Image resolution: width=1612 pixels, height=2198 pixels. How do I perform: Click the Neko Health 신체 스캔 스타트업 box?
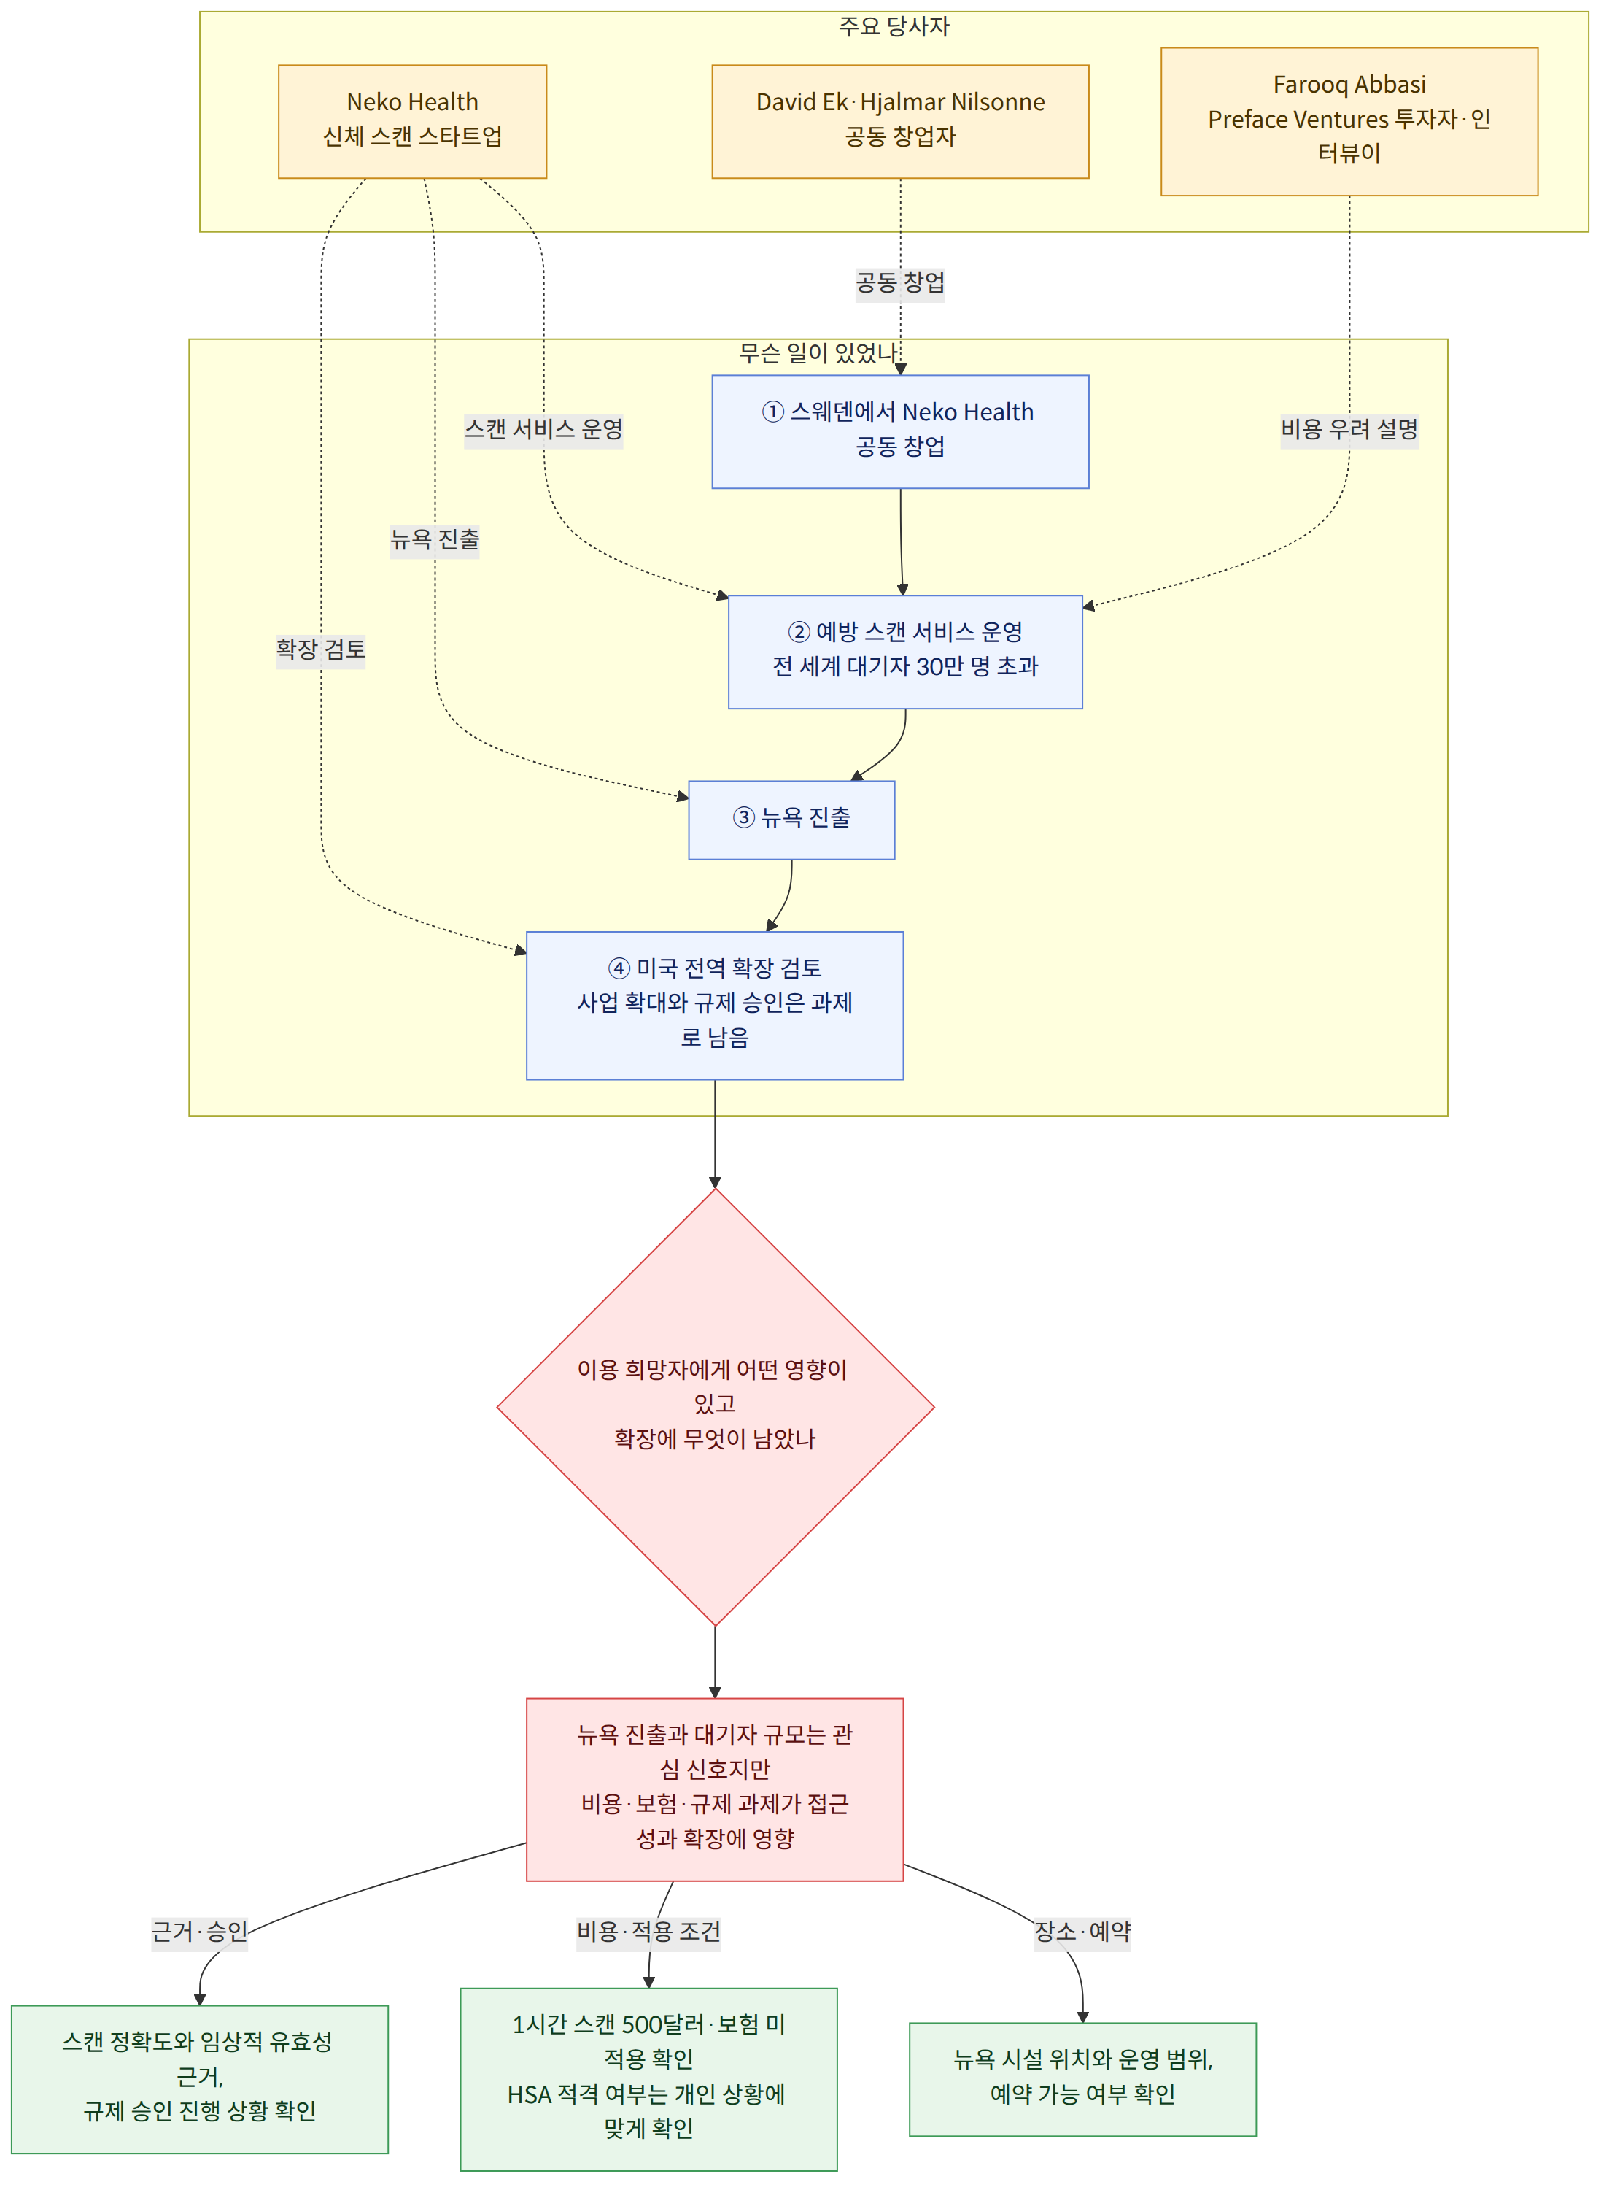412,121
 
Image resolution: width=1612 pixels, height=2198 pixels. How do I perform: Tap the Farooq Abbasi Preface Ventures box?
1349,121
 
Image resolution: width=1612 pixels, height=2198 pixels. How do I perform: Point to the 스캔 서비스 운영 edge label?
543,429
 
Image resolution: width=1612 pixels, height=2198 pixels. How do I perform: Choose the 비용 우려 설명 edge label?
1349,429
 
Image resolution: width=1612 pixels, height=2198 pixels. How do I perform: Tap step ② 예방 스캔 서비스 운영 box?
904,652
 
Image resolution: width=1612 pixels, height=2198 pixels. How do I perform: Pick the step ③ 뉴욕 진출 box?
791,820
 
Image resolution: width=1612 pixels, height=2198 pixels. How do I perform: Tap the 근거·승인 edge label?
199,1932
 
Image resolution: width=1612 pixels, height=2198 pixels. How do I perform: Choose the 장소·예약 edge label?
1082,1932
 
